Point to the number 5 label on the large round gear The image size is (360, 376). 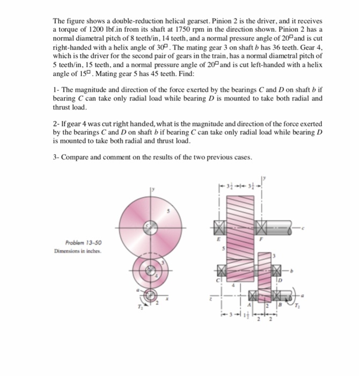click(170, 212)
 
